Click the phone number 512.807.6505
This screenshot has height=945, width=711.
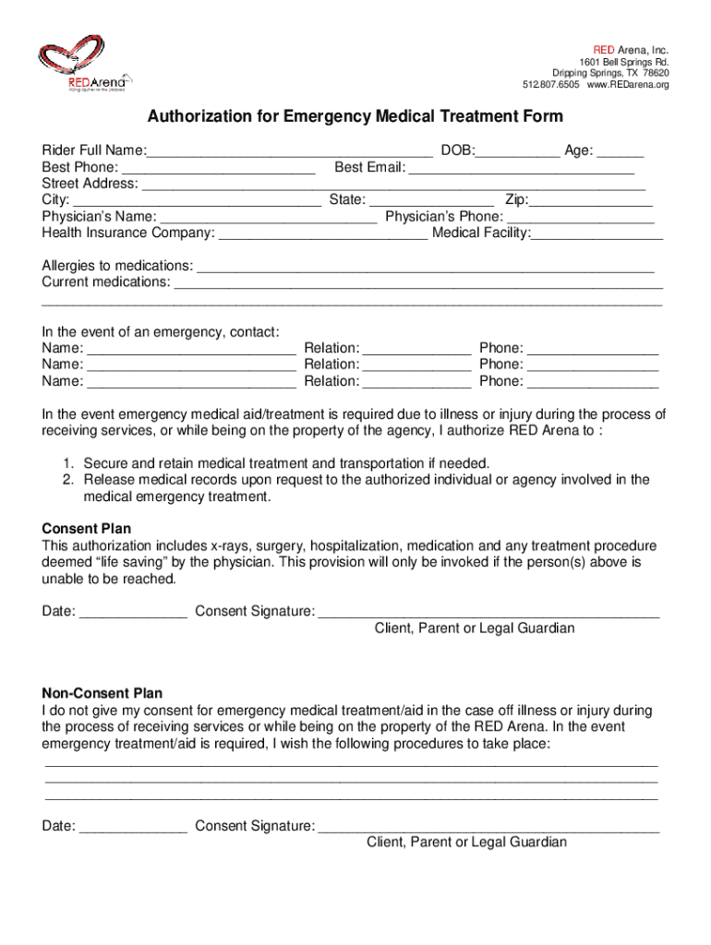(x=551, y=86)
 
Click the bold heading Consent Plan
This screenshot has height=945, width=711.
(x=87, y=529)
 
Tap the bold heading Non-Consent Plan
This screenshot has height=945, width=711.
(x=102, y=694)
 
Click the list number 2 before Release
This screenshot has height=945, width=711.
(x=67, y=480)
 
